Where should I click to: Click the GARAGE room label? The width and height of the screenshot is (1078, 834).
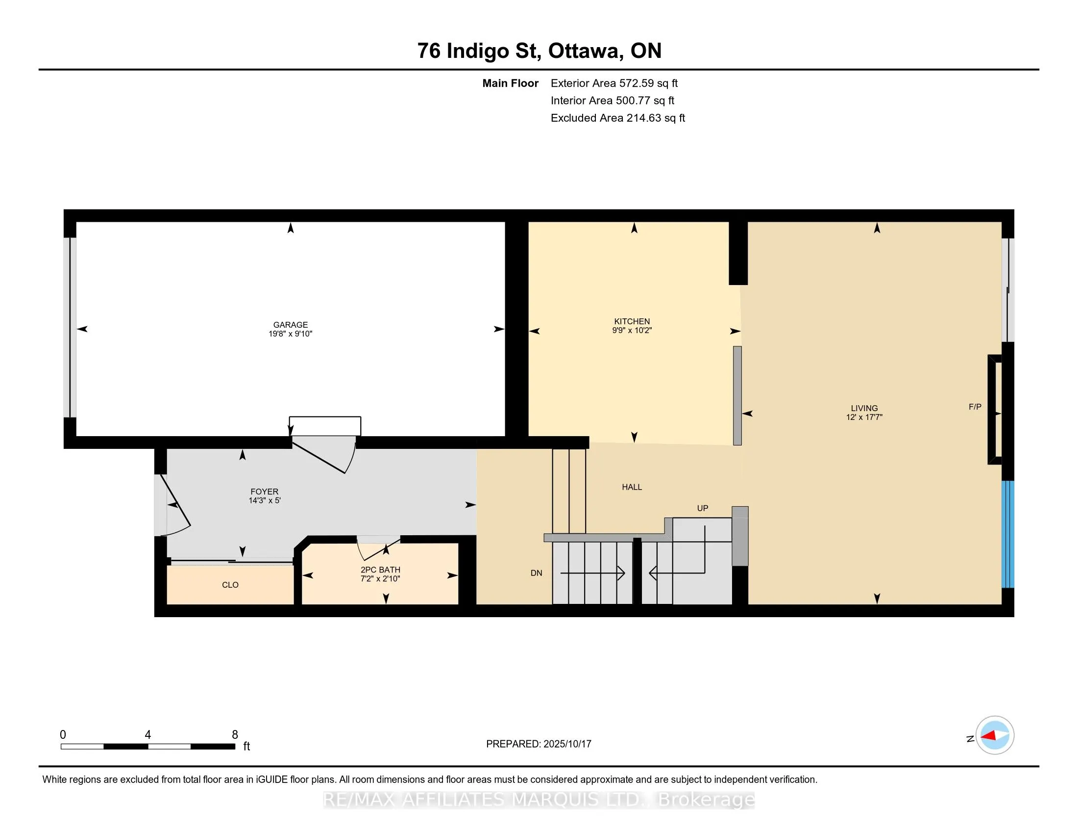(x=290, y=325)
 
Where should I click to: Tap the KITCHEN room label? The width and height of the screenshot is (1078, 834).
(x=632, y=321)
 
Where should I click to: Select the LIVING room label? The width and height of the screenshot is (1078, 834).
(x=864, y=408)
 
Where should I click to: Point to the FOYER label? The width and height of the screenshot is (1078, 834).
(x=265, y=492)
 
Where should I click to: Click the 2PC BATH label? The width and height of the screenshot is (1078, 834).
(x=380, y=570)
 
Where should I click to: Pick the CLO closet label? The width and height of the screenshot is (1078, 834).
(x=230, y=585)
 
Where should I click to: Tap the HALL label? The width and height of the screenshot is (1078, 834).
(x=632, y=487)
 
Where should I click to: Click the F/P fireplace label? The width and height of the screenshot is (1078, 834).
(x=975, y=407)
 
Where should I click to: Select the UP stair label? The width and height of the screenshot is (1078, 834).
(x=702, y=508)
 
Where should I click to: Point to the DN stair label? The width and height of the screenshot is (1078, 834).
(x=536, y=573)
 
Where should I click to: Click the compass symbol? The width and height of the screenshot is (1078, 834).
(x=995, y=735)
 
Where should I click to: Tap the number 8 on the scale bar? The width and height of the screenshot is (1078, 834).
(x=235, y=735)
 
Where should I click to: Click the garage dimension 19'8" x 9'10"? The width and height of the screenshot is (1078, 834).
(x=290, y=334)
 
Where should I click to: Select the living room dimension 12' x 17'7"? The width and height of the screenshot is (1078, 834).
(x=864, y=417)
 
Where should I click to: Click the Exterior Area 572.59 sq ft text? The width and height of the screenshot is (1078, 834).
(x=614, y=83)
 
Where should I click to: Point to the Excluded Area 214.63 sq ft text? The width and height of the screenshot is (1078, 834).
(x=617, y=118)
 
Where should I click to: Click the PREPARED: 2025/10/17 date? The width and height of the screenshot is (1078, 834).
(x=539, y=744)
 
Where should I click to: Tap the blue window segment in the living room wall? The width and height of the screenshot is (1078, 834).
(x=1007, y=534)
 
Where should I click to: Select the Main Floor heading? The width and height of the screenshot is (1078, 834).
(x=511, y=83)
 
